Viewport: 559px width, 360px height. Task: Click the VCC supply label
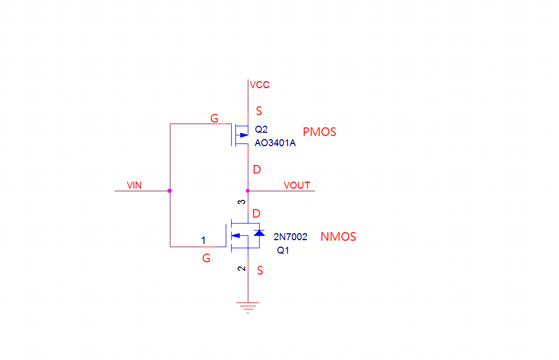point(260,85)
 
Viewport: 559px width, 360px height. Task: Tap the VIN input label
point(134,185)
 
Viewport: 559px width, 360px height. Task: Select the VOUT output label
point(297,185)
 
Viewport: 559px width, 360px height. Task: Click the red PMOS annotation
point(319,132)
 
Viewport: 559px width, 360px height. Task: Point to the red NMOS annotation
point(338,236)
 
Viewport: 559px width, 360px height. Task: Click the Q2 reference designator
point(261,129)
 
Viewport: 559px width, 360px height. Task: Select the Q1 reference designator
point(283,250)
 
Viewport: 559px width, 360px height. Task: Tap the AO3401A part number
point(275,143)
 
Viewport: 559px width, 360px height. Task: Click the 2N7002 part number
point(290,236)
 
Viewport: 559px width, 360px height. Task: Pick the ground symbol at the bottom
point(248,307)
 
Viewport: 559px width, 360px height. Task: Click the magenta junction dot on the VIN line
point(170,191)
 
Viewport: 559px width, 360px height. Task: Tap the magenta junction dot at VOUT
point(247,191)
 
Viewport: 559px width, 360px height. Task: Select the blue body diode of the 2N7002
point(259,233)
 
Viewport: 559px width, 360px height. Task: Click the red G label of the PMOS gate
point(214,119)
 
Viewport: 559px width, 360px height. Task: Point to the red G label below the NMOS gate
point(206,258)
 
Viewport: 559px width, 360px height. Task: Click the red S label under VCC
point(259,111)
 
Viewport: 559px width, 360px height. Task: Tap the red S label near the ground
point(260,271)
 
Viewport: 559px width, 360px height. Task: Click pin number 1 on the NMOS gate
point(203,240)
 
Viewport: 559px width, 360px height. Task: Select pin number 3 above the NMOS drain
point(242,202)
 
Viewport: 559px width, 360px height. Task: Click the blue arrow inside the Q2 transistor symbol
point(243,135)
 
